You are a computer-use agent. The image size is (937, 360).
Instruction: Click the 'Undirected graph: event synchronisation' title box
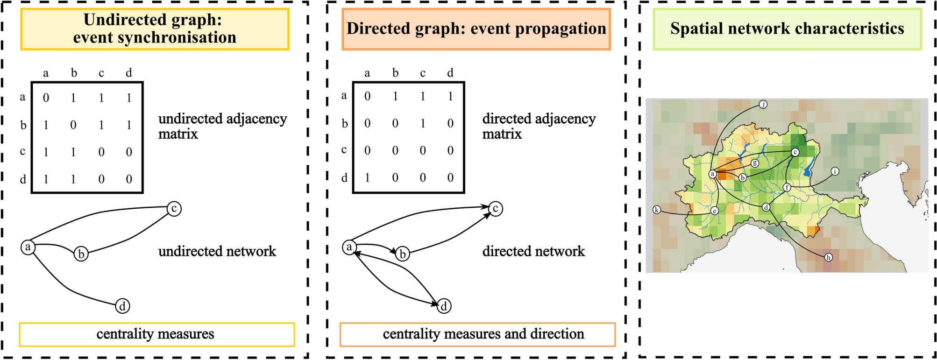tap(155, 29)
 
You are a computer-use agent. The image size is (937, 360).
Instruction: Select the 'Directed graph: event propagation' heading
tap(476, 29)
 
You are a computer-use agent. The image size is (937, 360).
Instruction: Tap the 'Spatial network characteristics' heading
tap(787, 29)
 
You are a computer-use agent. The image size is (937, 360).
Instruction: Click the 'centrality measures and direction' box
tap(477, 334)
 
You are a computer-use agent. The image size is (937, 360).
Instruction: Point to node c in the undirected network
tap(174, 209)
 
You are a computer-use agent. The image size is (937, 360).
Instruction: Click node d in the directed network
tap(444, 306)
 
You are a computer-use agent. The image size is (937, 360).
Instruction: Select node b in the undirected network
tap(81, 254)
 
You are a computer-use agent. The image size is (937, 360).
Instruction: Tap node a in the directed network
tap(349, 247)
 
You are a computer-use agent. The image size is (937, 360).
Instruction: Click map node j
tap(763, 105)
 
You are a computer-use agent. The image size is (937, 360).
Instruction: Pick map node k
tap(657, 210)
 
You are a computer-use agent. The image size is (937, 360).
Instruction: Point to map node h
tap(828, 257)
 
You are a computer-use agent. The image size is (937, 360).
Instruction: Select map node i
tap(835, 171)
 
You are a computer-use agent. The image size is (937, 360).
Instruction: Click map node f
tap(787, 188)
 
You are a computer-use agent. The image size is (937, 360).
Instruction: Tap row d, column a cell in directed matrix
tap(368, 178)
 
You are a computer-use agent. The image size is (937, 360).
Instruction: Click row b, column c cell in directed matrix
tap(423, 124)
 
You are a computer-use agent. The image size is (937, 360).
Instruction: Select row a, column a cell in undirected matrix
tap(46, 98)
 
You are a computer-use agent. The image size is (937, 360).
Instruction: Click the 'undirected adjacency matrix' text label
tap(222, 126)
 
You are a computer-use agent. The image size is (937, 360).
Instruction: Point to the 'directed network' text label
tap(533, 251)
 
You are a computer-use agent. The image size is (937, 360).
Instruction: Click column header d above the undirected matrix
tap(129, 72)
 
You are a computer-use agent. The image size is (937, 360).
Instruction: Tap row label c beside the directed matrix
tap(344, 150)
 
